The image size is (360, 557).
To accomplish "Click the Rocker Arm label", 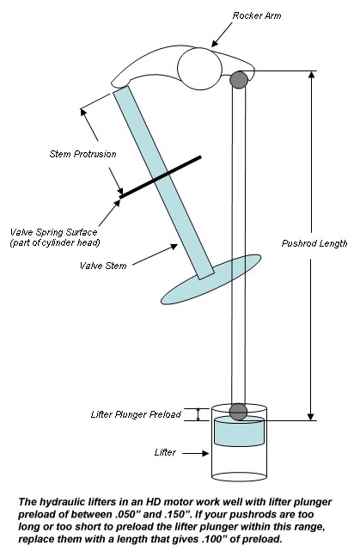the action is pos(257,15).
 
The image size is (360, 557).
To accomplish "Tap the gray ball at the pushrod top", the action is pos(239,80).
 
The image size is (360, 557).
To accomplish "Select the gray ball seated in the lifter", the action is pos(238,412).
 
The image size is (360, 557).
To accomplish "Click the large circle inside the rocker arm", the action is pos(199,69).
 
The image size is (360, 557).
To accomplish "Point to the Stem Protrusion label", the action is pos(82,154).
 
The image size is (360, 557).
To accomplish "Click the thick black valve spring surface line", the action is pos(161,176).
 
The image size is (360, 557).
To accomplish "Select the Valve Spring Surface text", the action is pos(53,232).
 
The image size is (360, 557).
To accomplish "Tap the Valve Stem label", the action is pos(103,266).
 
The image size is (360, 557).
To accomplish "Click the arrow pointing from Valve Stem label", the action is pos(155,254).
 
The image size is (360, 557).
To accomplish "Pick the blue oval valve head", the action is pos(211,279).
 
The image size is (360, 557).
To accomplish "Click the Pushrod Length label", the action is pos(314,243).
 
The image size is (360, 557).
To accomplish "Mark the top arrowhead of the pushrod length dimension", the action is pos(311,75).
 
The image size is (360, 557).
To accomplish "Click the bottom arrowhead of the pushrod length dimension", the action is pos(311,416).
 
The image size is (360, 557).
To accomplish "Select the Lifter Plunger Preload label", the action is pos(136,414).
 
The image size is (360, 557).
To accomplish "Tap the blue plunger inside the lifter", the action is pos(240,432).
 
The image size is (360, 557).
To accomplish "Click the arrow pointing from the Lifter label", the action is pos(196,453).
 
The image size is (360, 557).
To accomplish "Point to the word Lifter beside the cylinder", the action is pos(165,452).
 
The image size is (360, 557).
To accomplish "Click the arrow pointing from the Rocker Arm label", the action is pos(222,34).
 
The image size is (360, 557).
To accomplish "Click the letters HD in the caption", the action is pos(153,502).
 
